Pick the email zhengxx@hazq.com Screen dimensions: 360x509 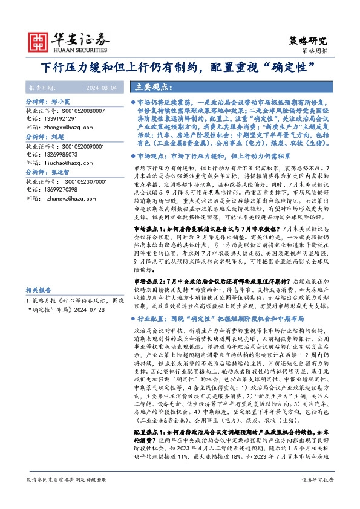(71, 128)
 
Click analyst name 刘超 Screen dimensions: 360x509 (57, 138)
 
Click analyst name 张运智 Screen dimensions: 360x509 (61, 172)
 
